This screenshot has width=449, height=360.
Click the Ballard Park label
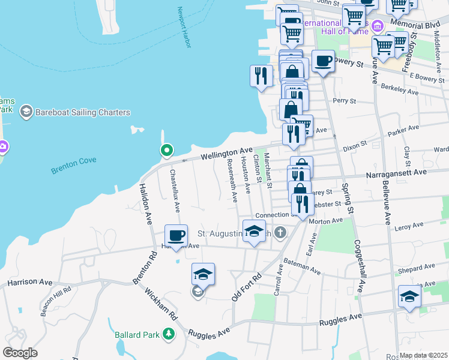pos(138,334)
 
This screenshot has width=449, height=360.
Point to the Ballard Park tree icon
pos(169,334)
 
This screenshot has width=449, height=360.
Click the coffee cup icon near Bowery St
pos(323,61)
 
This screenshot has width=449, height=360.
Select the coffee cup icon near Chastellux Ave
pos(176,235)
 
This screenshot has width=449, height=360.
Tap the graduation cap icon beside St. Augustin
pos(255,231)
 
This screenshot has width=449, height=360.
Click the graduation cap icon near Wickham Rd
pos(203,274)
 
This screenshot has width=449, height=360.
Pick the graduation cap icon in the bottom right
pos(409,296)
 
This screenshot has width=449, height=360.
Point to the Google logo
pos(20,353)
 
